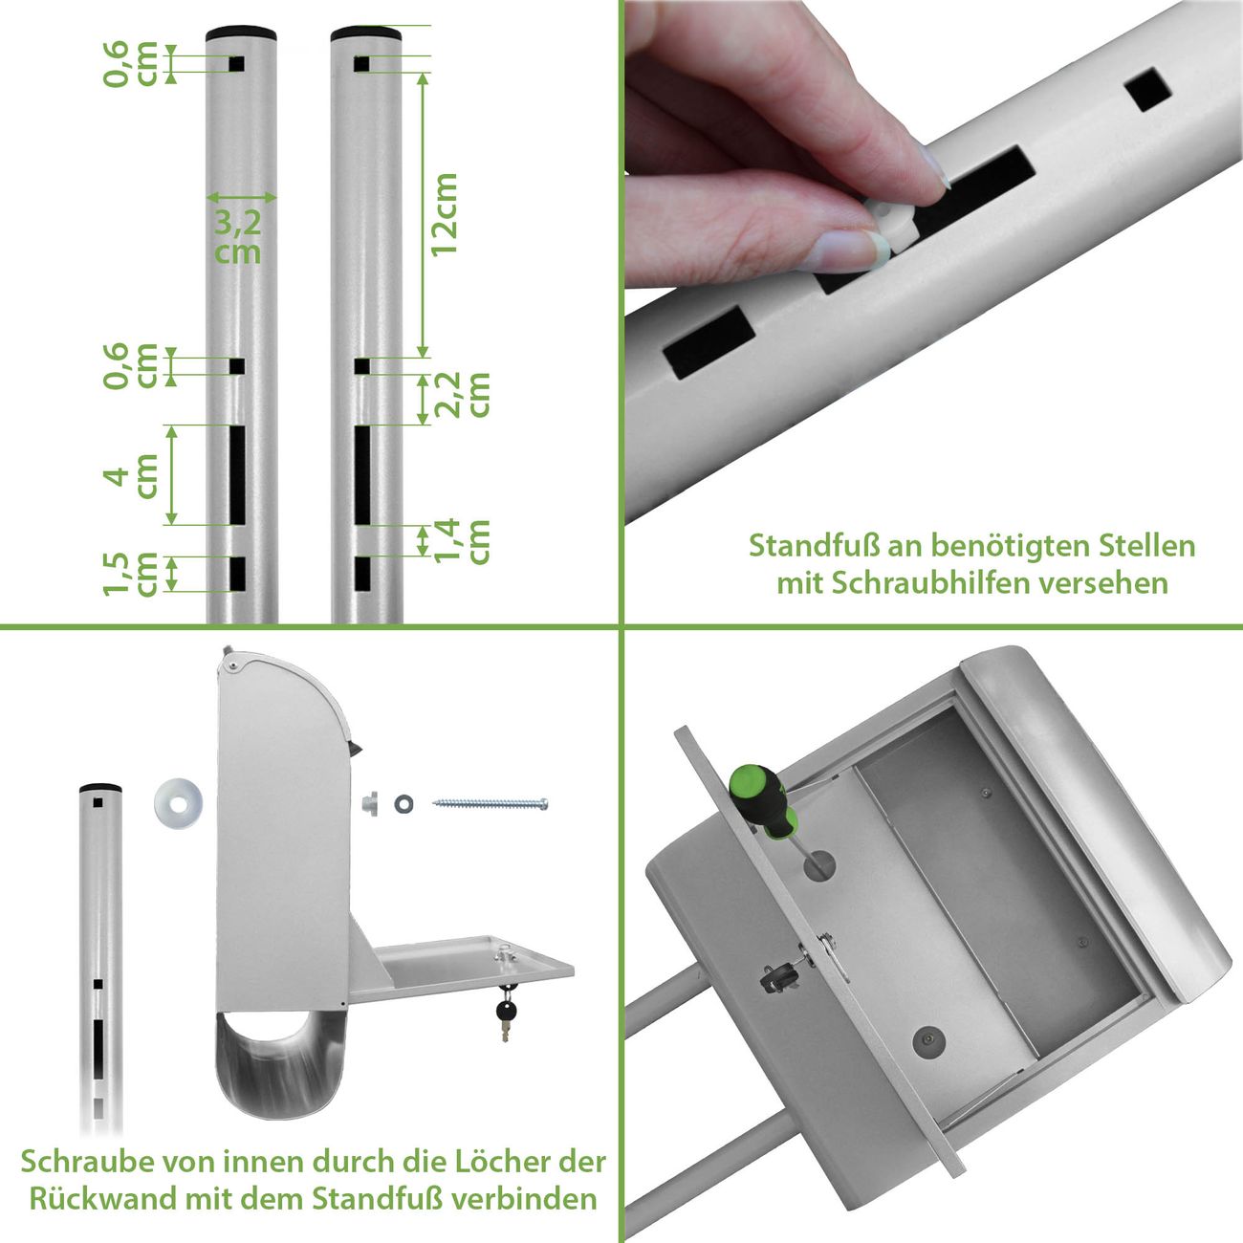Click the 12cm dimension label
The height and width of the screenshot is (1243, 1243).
445,215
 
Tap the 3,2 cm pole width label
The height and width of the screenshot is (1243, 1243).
238,237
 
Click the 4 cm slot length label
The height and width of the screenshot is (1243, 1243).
130,475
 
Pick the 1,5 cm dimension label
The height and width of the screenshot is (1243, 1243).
130,574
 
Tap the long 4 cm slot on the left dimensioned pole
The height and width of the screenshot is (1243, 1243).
237,475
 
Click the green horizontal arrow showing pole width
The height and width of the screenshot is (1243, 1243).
241,197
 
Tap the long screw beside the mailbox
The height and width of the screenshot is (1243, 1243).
491,804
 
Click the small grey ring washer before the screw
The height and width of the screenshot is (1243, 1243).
404,804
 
